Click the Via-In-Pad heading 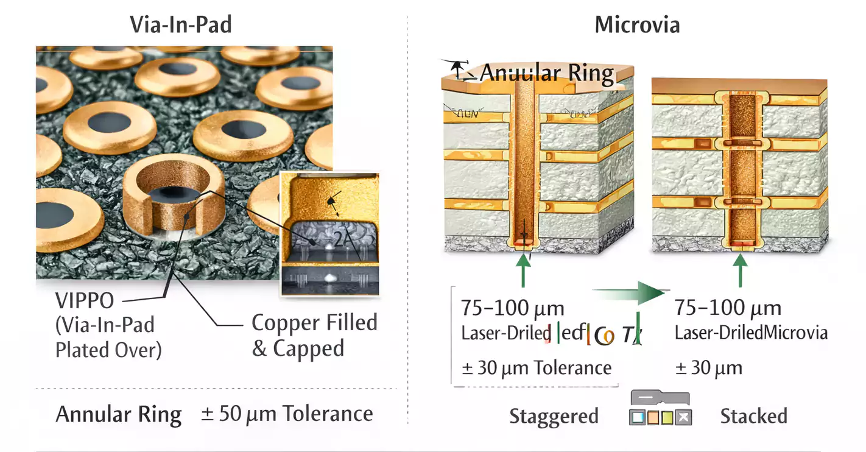(181, 25)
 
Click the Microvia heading (637, 25)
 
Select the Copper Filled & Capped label (314, 335)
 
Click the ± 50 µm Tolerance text (287, 414)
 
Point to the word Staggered (554, 417)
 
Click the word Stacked (753, 417)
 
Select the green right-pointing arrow (633, 295)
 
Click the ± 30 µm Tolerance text (536, 368)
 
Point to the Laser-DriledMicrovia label (751, 333)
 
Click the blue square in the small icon (638, 418)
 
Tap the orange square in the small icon (653, 418)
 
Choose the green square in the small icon (668, 418)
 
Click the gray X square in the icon (684, 418)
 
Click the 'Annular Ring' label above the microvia (546, 73)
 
